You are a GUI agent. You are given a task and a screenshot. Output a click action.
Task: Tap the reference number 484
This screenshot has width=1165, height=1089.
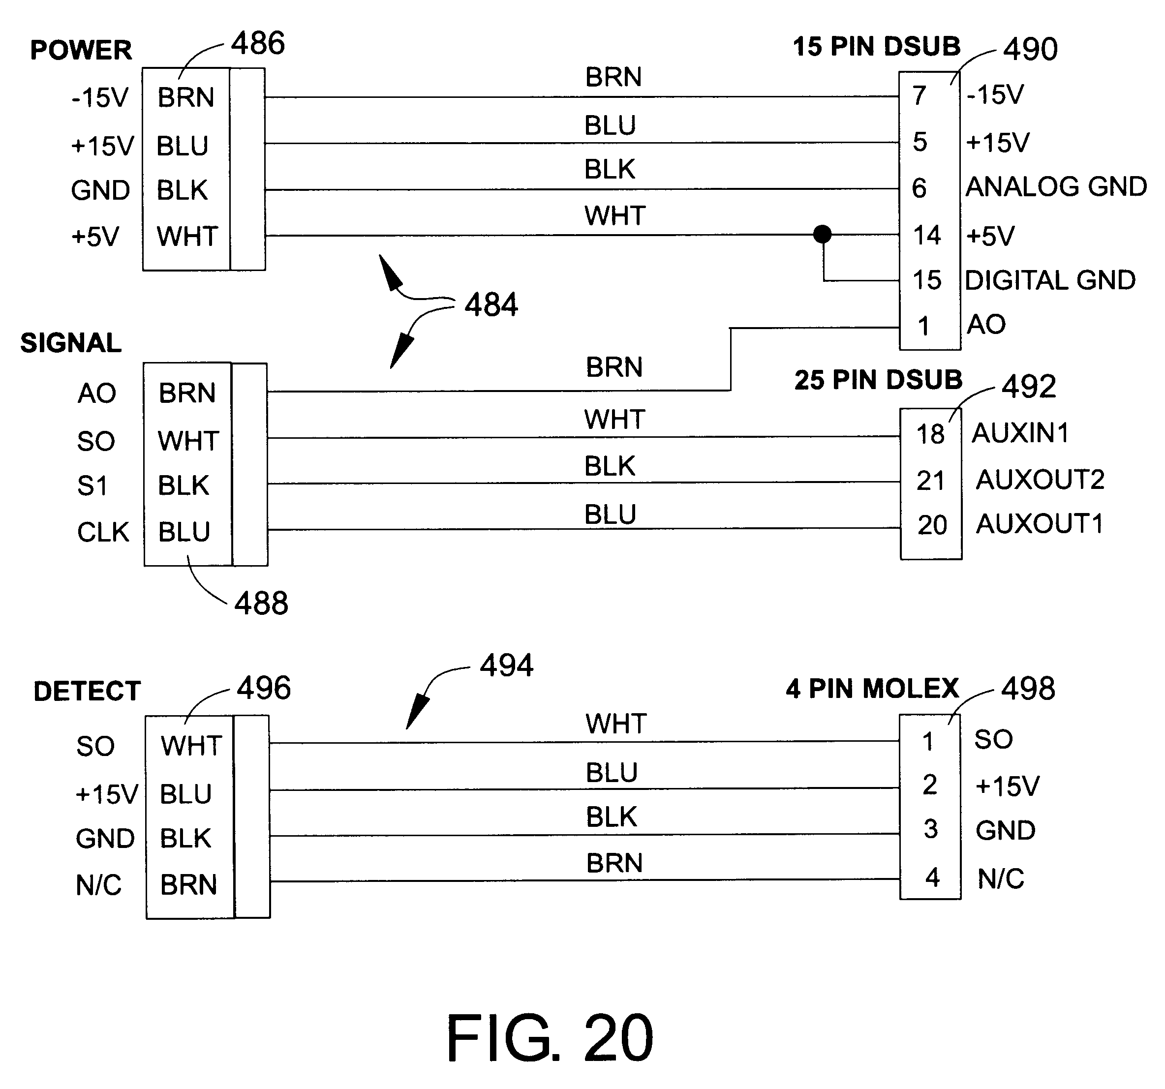[491, 304]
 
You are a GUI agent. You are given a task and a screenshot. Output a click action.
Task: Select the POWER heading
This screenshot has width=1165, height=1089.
[81, 50]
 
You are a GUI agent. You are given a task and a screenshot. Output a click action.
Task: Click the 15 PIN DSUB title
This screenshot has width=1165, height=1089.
[876, 47]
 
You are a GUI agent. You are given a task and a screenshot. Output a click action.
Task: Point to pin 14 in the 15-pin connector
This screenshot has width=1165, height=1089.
[926, 236]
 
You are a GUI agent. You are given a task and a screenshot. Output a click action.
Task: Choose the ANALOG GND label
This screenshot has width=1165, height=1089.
[1055, 187]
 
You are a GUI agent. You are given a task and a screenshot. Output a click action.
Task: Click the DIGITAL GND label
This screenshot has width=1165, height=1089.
[1049, 280]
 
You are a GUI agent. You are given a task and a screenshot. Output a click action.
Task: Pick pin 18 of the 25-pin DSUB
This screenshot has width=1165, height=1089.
[930, 435]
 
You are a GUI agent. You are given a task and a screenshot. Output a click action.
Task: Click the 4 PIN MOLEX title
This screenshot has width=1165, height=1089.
[872, 689]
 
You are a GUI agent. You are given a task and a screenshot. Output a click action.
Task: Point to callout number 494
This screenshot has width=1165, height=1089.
[506, 666]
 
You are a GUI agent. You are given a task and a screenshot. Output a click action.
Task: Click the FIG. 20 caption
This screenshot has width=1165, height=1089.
[549, 1039]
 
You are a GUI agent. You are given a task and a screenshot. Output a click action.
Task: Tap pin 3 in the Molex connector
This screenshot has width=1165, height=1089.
[930, 829]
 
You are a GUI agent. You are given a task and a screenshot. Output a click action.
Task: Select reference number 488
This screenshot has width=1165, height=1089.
[261, 604]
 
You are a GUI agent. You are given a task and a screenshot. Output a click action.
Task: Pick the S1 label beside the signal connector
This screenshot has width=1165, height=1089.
[92, 486]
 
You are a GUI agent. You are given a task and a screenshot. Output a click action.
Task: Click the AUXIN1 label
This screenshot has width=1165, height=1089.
[1020, 433]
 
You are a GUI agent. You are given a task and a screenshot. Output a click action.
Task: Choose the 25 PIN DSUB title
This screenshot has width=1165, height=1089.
[878, 380]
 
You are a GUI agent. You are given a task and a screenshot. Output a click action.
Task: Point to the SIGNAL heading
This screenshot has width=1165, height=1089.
[71, 343]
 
